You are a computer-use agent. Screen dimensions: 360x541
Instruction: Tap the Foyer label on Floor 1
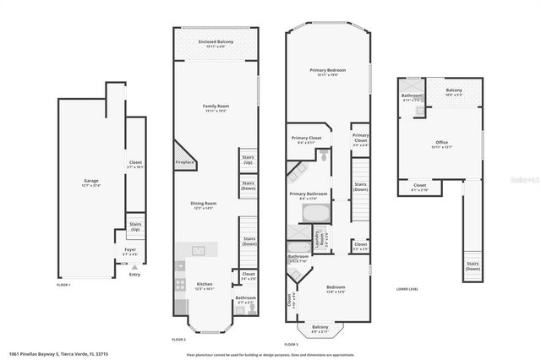130,250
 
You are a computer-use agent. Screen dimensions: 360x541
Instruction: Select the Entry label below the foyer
135,274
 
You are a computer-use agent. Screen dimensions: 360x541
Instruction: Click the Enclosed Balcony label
216,42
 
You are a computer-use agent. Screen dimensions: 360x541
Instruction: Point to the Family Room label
216,108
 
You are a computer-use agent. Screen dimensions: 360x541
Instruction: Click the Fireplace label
185,162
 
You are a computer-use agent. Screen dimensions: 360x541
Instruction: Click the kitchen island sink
199,250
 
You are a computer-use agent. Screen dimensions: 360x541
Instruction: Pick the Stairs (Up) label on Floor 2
249,159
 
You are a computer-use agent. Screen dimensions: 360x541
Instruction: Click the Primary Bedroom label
326,72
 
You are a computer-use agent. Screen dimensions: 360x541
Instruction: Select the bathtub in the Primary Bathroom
316,213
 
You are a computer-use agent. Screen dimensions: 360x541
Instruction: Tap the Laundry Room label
322,238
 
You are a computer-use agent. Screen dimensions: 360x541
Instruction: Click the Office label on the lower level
442,143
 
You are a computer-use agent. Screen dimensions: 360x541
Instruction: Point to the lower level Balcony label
454,92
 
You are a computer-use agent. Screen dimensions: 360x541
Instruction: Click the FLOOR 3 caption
292,345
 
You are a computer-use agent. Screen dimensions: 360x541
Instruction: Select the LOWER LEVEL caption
407,288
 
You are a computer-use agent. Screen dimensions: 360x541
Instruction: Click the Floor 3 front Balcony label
320,328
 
